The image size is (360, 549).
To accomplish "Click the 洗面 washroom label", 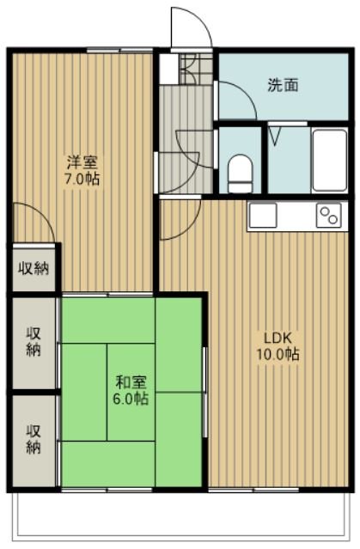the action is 283,85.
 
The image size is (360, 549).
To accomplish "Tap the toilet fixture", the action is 241,173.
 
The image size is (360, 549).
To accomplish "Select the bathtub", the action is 329,161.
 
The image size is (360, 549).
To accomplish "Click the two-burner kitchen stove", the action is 329,215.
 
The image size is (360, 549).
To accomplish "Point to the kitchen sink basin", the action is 263,215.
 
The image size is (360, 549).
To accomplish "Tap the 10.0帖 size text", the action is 278,355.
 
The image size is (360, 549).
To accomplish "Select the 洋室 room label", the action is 82,162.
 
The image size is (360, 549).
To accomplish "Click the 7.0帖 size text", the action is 82,179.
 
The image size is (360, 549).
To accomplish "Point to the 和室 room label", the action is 131,382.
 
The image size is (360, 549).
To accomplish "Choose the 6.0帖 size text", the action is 131,399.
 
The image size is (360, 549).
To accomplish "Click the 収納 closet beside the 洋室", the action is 34,269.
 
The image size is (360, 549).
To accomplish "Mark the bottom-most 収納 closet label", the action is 34,439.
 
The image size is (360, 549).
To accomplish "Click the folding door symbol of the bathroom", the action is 276,136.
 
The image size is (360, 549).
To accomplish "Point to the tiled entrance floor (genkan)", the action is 196,69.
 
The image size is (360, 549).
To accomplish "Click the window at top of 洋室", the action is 119,51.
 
